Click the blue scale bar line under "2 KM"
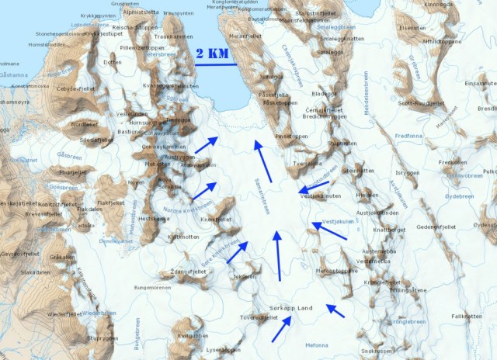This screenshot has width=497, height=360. tap(216, 64)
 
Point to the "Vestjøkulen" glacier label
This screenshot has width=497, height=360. tap(339, 222)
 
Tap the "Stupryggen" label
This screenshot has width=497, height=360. tap(103, 338)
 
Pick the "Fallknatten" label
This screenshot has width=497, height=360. tap(467, 316)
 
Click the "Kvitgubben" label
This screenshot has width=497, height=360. tap(193, 335)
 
